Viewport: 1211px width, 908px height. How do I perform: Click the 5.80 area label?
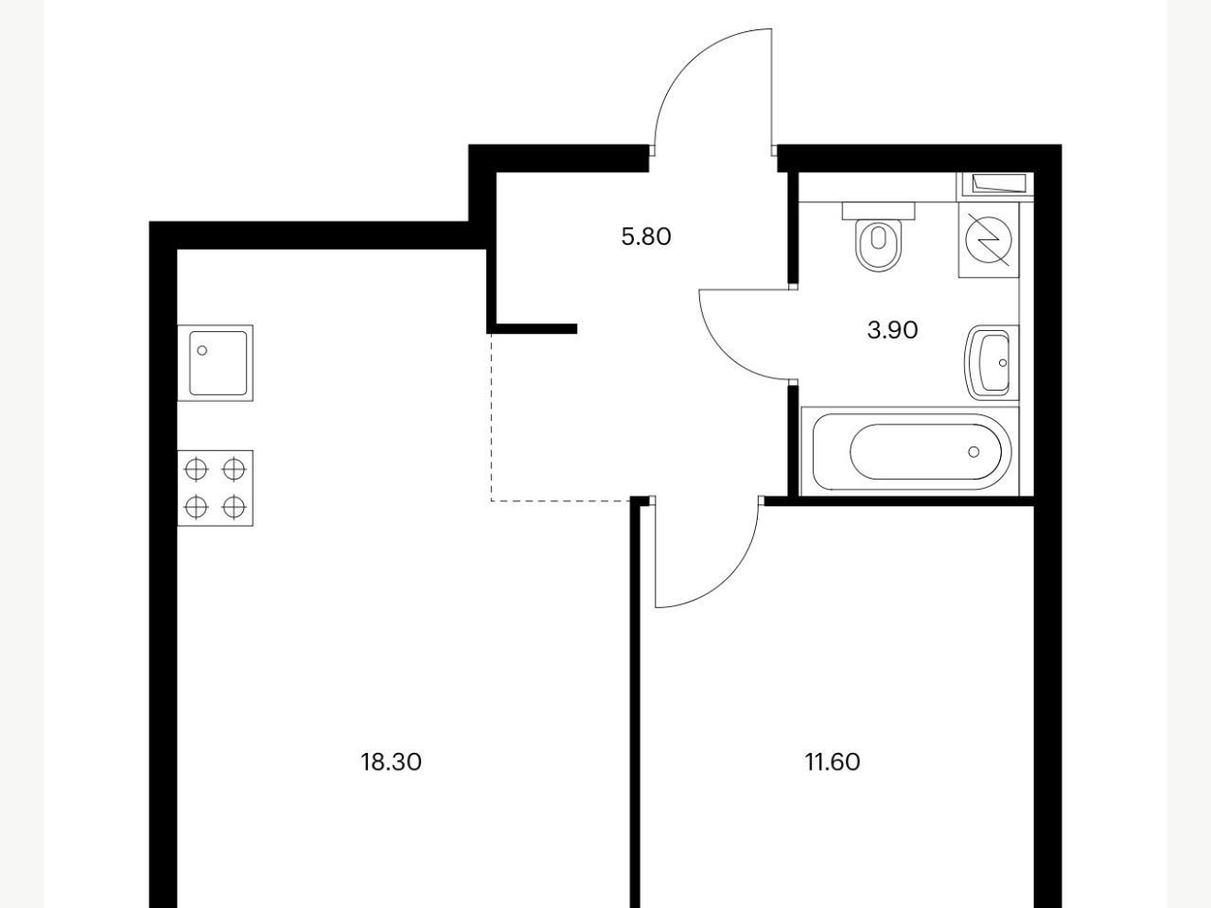pyautogui.click(x=646, y=237)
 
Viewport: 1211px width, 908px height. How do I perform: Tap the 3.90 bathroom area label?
pyautogui.click(x=892, y=330)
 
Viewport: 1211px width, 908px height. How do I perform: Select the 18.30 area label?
pyautogui.click(x=391, y=762)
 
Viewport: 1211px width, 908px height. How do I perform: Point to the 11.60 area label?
pyautogui.click(x=833, y=762)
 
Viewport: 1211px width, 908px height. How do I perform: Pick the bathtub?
pyautogui.click(x=909, y=451)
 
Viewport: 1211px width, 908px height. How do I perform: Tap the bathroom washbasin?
pyautogui.click(x=992, y=363)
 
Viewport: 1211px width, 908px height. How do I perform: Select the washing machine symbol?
pyautogui.click(x=989, y=240)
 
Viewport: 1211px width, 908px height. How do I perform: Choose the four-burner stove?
pyautogui.click(x=215, y=488)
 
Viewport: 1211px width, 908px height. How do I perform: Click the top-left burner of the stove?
pyautogui.click(x=197, y=470)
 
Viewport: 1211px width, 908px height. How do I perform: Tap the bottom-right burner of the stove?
pyautogui.click(x=234, y=507)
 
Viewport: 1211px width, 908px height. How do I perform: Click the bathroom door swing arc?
pyautogui.click(x=724, y=354)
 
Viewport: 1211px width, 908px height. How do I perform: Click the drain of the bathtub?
pyautogui.click(x=974, y=451)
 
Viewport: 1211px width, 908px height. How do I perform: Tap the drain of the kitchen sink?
pyautogui.click(x=202, y=350)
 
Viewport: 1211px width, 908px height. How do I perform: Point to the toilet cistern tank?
pyautogui.click(x=879, y=211)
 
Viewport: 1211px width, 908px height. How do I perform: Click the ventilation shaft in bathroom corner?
pyautogui.click(x=994, y=183)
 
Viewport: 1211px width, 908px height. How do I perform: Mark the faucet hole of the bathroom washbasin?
pyautogui.click(x=1003, y=363)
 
